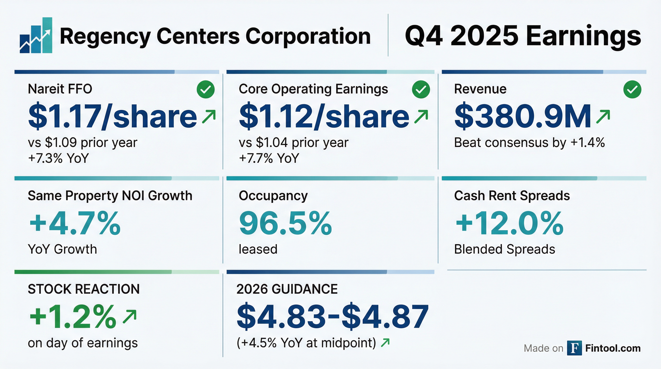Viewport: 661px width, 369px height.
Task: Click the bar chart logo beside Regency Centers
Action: pyautogui.click(x=36, y=35)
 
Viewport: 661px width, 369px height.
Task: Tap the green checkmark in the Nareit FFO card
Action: pyautogui.click(x=206, y=89)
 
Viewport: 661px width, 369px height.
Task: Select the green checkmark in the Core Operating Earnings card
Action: pyautogui.click(x=421, y=89)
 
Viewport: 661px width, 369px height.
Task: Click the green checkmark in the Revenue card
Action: pyautogui.click(x=632, y=89)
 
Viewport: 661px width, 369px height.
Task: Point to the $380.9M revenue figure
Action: pyautogui.click(x=522, y=116)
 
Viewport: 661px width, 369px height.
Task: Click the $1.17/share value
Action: pyautogui.click(x=112, y=116)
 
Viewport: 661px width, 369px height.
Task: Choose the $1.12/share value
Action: pyautogui.click(x=324, y=116)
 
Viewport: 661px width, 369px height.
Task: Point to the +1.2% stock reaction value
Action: pyautogui.click(x=73, y=316)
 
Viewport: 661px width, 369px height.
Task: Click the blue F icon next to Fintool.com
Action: pyautogui.click(x=574, y=348)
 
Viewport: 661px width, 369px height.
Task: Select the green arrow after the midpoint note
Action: pyautogui.click(x=385, y=343)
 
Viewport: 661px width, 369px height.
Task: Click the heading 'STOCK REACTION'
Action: pyautogui.click(x=84, y=289)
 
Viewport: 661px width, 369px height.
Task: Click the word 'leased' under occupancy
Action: pyautogui.click(x=258, y=249)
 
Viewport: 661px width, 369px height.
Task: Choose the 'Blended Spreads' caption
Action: pyautogui.click(x=504, y=249)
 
